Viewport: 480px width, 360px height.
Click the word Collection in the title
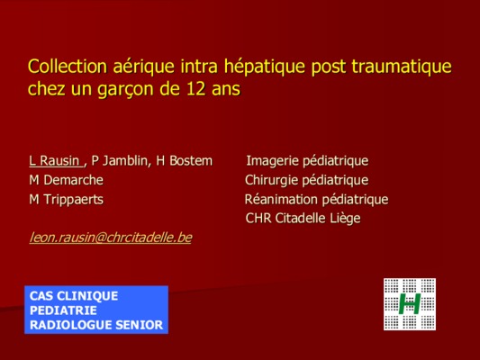(x=68, y=66)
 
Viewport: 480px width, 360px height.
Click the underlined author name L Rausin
(x=55, y=160)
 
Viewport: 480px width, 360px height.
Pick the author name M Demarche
(x=66, y=180)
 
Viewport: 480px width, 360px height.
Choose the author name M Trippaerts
(x=66, y=200)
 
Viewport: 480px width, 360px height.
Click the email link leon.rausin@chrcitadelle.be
(x=111, y=238)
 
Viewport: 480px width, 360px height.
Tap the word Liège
(x=345, y=219)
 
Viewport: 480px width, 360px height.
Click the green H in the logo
(x=410, y=303)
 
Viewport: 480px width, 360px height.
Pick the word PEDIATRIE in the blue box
(x=63, y=310)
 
